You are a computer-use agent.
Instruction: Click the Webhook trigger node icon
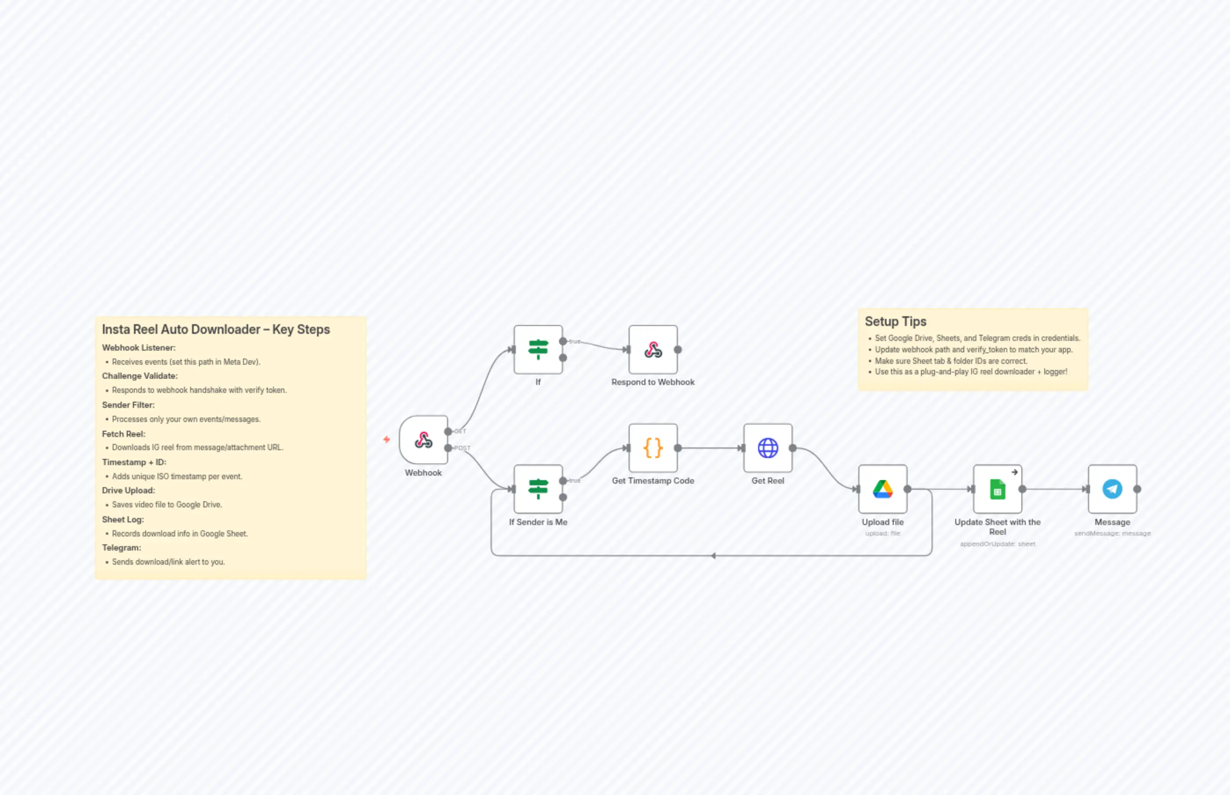423,440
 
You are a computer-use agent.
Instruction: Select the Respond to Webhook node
653,349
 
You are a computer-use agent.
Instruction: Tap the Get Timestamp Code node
653,448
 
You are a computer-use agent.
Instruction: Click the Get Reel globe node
768,448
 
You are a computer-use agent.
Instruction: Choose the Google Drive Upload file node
882,489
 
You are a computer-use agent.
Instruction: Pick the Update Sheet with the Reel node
997,489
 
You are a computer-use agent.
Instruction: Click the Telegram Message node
1112,489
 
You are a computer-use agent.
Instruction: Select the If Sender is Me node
538,489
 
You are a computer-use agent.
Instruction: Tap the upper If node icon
538,349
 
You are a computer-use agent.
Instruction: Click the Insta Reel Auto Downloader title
216,329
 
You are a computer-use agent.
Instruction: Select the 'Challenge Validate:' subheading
140,376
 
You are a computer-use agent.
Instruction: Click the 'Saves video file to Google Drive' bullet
167,504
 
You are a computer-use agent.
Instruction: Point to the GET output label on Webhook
460,431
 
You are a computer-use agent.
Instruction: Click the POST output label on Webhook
462,448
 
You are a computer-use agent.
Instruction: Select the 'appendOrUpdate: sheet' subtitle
997,544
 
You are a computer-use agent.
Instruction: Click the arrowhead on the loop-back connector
714,556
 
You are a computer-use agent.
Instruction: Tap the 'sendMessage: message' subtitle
1112,533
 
